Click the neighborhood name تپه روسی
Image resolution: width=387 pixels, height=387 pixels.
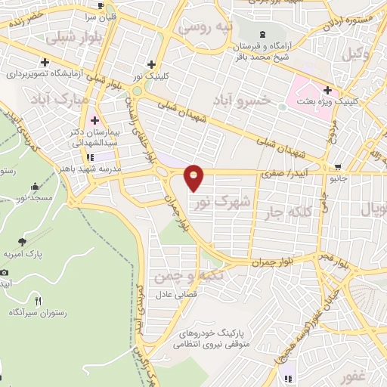[203, 26]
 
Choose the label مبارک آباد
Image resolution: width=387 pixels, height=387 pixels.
[63, 99]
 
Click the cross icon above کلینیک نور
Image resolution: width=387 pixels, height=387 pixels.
[151, 64]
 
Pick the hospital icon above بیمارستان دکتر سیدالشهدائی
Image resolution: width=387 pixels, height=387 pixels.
[94, 120]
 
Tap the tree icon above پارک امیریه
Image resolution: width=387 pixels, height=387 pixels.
[22, 242]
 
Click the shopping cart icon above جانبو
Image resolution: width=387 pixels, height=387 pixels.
[338, 168]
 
